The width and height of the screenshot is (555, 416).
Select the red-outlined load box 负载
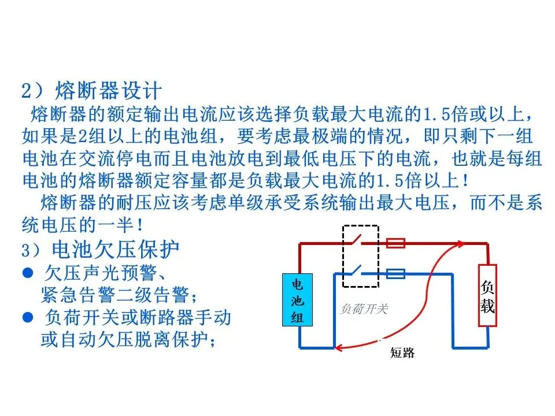(487, 295)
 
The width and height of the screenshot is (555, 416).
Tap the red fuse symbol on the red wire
(395, 243)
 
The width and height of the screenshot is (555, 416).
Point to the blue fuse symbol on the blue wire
(395, 273)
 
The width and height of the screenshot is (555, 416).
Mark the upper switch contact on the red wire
(358, 239)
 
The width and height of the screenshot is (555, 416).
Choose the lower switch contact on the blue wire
(358, 269)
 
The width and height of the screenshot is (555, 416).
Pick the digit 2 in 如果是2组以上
(82, 137)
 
